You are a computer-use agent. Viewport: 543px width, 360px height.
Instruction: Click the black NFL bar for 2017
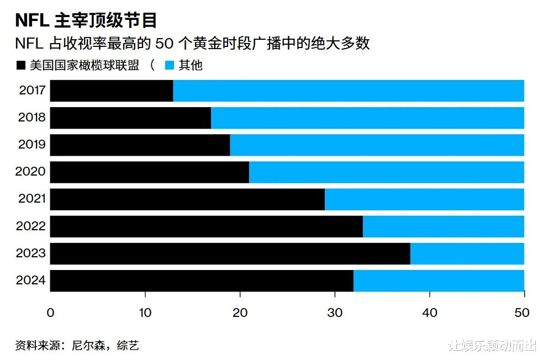(x=111, y=91)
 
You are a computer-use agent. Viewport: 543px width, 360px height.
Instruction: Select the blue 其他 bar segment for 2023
(x=467, y=253)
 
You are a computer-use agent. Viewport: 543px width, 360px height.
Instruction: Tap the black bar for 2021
(x=187, y=199)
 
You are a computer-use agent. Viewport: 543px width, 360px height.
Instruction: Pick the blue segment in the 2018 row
(x=367, y=118)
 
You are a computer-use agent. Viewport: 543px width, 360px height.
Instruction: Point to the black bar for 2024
(x=202, y=280)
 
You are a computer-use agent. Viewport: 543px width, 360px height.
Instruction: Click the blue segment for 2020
(x=386, y=172)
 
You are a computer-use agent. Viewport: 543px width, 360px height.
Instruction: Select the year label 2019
(x=31, y=145)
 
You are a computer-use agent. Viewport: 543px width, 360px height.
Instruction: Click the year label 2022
(x=31, y=226)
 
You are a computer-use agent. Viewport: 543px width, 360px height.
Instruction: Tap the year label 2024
(x=31, y=280)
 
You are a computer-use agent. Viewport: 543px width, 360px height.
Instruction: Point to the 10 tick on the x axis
(x=145, y=313)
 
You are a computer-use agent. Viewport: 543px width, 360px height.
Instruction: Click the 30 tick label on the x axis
(x=335, y=313)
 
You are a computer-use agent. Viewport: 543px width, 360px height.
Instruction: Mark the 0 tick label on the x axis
(x=50, y=313)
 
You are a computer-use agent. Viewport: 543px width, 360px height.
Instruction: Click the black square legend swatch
(x=20, y=65)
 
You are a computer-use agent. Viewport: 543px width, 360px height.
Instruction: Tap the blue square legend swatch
(x=170, y=65)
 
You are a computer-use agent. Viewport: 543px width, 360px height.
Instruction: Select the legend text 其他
(x=191, y=65)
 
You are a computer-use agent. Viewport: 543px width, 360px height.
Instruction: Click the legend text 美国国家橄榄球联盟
(x=84, y=65)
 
